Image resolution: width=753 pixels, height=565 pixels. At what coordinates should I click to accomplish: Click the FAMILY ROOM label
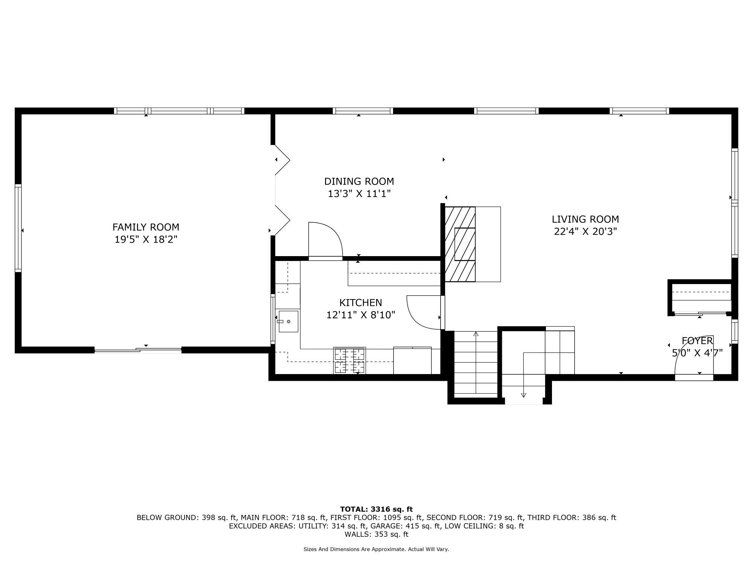tap(146, 227)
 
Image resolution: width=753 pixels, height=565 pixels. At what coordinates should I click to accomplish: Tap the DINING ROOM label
tap(359, 182)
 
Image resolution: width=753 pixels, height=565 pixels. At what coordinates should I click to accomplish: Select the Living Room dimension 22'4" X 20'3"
tap(585, 231)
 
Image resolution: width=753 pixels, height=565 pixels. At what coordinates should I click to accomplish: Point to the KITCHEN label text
tap(360, 302)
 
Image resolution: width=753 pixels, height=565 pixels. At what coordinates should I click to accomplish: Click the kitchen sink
tap(288, 321)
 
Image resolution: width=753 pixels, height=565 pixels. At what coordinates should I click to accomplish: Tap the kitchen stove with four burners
tap(349, 360)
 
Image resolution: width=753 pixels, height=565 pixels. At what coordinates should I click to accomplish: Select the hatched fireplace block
tap(460, 244)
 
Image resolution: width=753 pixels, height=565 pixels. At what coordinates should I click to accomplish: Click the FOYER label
tap(697, 341)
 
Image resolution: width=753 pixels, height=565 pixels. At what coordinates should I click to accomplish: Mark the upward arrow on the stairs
tap(476, 334)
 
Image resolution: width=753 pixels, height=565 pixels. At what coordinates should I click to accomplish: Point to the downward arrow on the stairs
tap(523, 394)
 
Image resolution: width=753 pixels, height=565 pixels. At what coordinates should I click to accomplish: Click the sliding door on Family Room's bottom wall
tap(138, 350)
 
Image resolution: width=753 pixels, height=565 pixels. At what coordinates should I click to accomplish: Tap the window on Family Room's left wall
tap(18, 228)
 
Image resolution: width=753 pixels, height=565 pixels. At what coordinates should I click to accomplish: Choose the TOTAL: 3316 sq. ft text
tap(376, 509)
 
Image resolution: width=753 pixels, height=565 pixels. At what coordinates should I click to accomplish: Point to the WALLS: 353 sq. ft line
tap(376, 534)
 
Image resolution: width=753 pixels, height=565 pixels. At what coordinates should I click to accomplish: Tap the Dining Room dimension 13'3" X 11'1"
tap(359, 194)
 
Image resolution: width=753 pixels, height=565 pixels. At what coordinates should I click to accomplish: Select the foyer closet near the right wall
tap(701, 297)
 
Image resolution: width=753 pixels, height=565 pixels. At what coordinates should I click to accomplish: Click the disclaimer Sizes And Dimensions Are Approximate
tap(376, 549)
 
